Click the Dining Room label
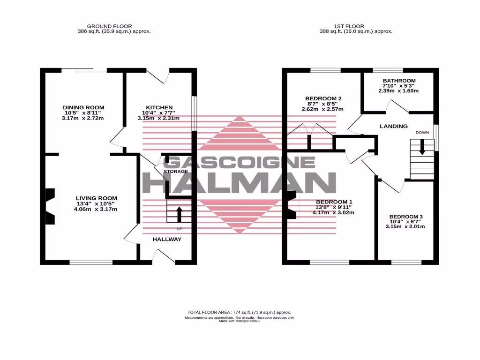pyautogui.click(x=84, y=107)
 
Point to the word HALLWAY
pyautogui.click(x=167, y=239)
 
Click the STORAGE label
pyautogui.click(x=176, y=172)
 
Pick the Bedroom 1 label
pyautogui.click(x=334, y=202)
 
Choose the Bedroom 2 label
pyautogui.click(x=324, y=98)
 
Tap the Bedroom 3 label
pyautogui.click(x=406, y=217)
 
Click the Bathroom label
pyautogui.click(x=399, y=80)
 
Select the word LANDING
pyautogui.click(x=394, y=126)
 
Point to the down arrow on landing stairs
pyautogui.click(x=422, y=148)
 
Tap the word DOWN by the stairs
pyautogui.click(x=422, y=133)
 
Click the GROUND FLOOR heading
pyautogui.click(x=110, y=26)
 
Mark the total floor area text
pyautogui.click(x=240, y=312)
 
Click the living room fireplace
pyautogui.click(x=50, y=205)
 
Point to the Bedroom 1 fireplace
pyautogui.click(x=292, y=205)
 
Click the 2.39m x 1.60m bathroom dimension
pyautogui.click(x=399, y=91)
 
